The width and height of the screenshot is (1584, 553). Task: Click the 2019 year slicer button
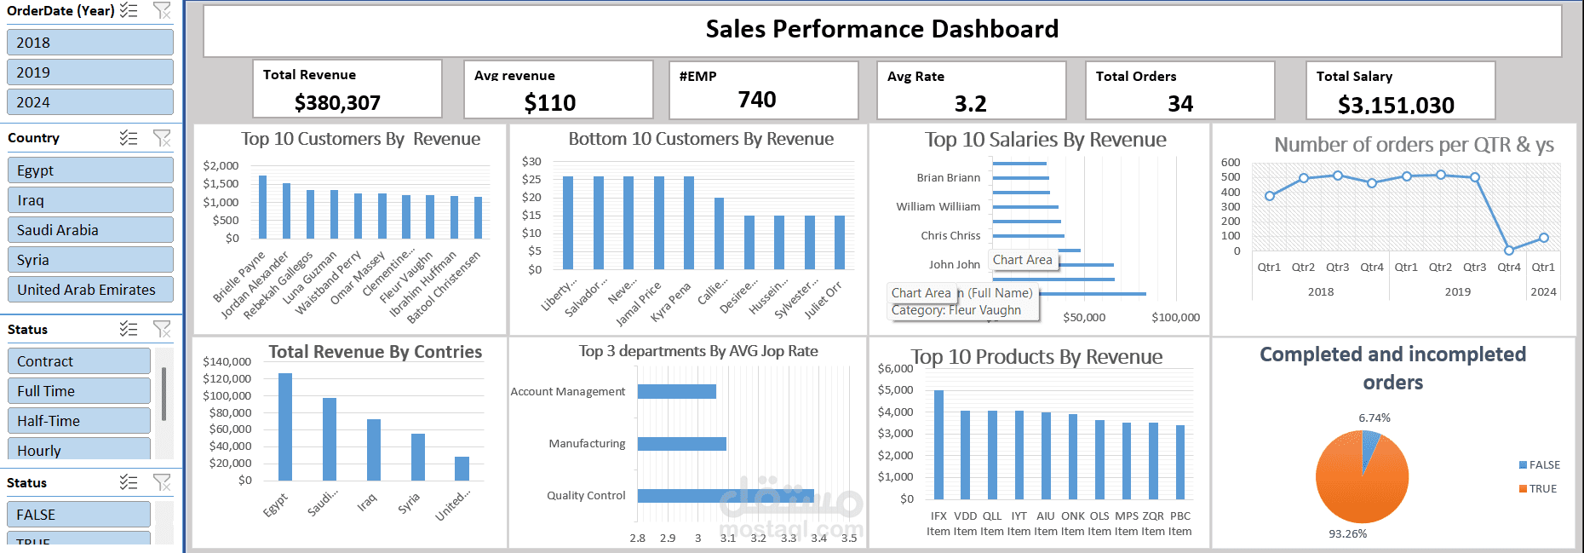click(x=89, y=72)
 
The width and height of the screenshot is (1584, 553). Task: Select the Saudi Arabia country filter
click(x=89, y=230)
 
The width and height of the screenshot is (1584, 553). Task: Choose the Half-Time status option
click(x=78, y=421)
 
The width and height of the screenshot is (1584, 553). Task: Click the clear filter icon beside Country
click(x=162, y=138)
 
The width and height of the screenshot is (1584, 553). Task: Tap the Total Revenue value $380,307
click(x=337, y=103)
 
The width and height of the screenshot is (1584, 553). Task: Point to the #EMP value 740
click(x=756, y=100)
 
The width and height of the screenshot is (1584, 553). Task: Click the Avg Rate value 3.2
click(x=970, y=104)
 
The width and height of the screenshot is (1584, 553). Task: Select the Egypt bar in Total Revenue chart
click(x=285, y=426)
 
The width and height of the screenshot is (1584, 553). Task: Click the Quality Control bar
click(x=724, y=495)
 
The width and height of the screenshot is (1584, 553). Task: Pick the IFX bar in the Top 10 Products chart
click(x=938, y=443)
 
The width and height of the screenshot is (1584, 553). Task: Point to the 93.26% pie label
click(x=1347, y=533)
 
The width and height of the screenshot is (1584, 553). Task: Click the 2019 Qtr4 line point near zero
click(x=1508, y=251)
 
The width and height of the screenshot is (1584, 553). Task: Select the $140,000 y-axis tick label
click(x=227, y=361)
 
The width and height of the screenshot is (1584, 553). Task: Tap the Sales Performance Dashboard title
click(x=881, y=29)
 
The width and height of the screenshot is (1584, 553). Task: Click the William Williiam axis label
click(x=938, y=206)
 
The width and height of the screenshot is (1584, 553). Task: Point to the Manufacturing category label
click(x=587, y=444)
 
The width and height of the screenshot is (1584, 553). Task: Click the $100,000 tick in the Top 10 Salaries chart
click(x=1175, y=317)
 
